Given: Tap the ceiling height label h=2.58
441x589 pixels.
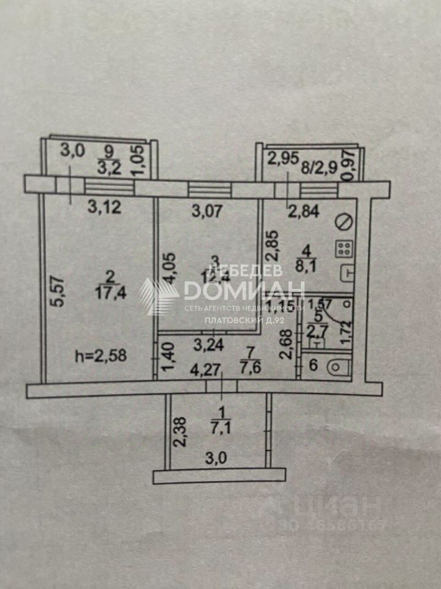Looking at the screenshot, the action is coord(100,355).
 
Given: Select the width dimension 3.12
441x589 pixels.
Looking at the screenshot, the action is coord(104,208).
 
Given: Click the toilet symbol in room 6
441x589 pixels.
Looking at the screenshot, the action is coord(337,368).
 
